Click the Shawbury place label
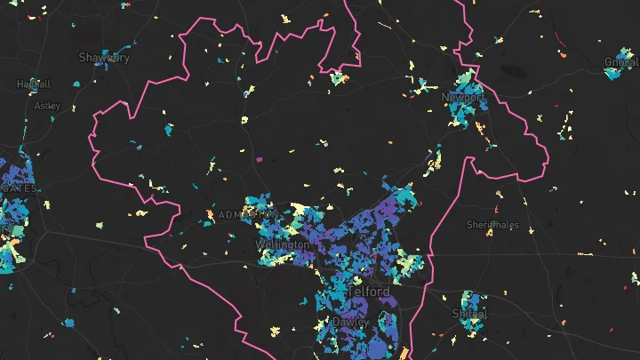click(x=104, y=58)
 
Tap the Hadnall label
click(x=34, y=84)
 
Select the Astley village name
click(x=47, y=105)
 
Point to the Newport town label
click(x=463, y=97)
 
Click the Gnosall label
click(x=621, y=62)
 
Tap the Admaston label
click(x=246, y=215)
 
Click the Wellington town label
click(x=283, y=244)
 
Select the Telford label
click(x=369, y=292)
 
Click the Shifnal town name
click(x=470, y=314)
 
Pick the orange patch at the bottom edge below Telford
click(x=402, y=354)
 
